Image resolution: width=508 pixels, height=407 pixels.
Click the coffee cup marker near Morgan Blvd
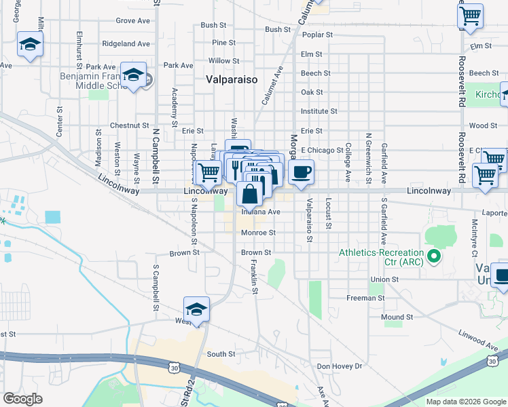301,172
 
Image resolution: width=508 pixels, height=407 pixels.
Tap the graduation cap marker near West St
196,310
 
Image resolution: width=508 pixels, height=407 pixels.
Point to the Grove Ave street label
133,21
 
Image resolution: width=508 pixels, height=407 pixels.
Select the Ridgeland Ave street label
126,43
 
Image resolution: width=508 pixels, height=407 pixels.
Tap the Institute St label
319,111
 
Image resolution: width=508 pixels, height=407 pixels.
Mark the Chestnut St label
129,125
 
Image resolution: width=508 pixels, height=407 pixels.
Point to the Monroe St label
258,233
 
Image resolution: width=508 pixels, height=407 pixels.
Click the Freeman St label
366,298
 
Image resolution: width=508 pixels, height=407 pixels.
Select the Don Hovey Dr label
340,366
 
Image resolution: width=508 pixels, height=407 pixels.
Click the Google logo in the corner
23,399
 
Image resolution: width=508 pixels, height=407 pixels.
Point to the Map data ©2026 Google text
466,402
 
